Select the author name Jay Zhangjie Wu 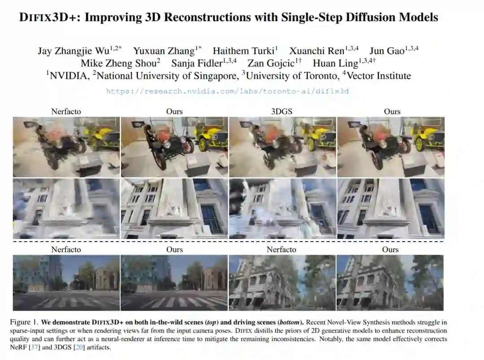[73, 51]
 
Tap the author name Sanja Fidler [197, 63]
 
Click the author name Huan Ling [335, 63]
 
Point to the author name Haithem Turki [243, 51]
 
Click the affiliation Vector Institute [379, 76]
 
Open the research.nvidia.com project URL [227, 91]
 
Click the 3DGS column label [281, 112]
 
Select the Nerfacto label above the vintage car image [66, 112]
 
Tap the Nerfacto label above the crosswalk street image [66, 249]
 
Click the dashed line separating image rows [229, 242]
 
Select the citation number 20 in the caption [79, 347]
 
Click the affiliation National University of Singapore [168, 76]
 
